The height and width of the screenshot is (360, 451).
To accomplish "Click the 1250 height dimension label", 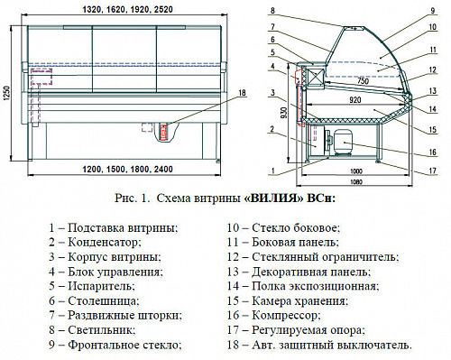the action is [x=7, y=95].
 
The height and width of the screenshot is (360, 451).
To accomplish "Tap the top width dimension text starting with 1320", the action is [x=128, y=10].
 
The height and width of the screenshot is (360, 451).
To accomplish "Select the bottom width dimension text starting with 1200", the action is [x=128, y=170].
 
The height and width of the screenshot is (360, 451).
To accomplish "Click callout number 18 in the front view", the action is [x=242, y=92].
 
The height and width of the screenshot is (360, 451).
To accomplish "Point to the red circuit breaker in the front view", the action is [x=164, y=132].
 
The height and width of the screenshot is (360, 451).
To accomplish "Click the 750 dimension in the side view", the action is [x=364, y=80].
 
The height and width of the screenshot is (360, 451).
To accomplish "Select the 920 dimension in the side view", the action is [x=355, y=99].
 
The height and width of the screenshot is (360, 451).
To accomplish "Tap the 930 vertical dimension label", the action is [x=284, y=112].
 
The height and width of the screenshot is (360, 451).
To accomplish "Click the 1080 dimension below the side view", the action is [x=356, y=182].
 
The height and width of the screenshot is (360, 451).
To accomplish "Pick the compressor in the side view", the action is [x=343, y=142].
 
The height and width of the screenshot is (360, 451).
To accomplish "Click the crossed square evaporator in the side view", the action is [x=316, y=77].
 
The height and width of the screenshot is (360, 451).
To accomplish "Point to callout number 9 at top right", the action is [x=433, y=11].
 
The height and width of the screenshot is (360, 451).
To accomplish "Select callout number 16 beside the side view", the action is [x=432, y=152].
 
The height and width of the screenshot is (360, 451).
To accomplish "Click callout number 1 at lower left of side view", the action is [x=273, y=171].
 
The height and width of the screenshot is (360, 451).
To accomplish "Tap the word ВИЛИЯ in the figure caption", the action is [x=273, y=198].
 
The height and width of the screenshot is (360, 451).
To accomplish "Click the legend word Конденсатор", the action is [x=104, y=242].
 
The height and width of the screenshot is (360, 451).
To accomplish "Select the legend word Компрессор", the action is [x=286, y=316].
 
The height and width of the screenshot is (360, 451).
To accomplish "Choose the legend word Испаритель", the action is [x=101, y=286].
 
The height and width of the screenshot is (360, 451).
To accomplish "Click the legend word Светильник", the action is [x=101, y=330].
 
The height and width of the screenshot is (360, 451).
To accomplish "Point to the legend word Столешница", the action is [x=104, y=300].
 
